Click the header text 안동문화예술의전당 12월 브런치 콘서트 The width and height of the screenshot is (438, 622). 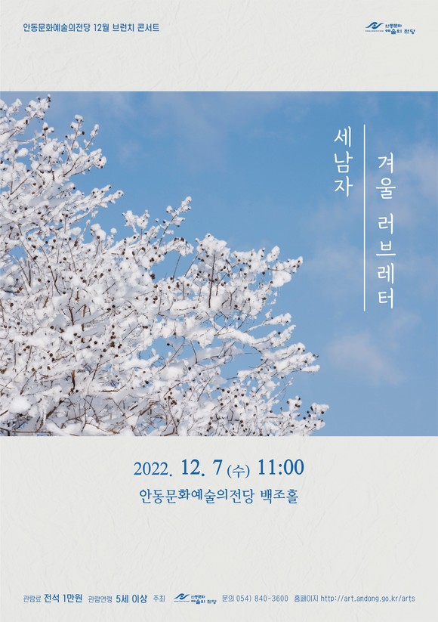[91, 28]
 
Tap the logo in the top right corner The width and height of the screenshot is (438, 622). [390, 28]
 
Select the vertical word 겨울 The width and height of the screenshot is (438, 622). [386, 177]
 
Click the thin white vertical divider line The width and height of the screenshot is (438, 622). [365, 218]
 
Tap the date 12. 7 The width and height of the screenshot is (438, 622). [202, 468]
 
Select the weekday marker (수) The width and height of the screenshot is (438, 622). [238, 470]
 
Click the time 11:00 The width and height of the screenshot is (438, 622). [281, 468]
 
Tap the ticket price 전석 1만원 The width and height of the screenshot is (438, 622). [63, 599]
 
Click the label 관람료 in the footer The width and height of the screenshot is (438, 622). [32, 599]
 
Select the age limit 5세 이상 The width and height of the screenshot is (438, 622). [131, 599]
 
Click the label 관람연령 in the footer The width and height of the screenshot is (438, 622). [100, 599]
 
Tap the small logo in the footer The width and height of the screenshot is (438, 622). [195, 599]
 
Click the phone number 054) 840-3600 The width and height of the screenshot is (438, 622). [262, 599]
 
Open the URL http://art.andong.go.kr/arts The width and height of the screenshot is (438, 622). [368, 599]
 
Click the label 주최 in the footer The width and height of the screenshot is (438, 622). [159, 599]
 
